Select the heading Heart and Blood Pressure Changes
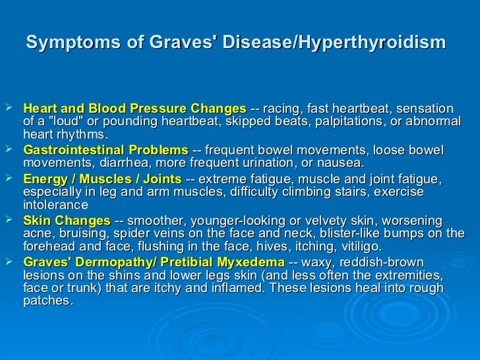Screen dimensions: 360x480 [x=135, y=108]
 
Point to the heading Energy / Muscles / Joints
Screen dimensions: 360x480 [x=102, y=179]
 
